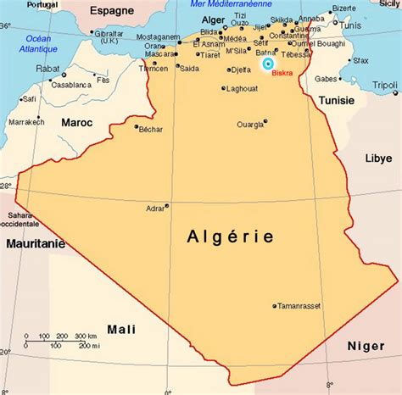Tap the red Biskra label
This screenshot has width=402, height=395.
tap(284, 73)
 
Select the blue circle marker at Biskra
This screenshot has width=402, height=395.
tap(268, 64)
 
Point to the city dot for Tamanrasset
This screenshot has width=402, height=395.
tap(274, 306)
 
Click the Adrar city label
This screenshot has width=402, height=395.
tap(154, 206)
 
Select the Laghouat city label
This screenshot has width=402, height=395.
tap(242, 88)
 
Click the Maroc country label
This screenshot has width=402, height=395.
tap(76, 122)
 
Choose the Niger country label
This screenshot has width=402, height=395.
tap(366, 345)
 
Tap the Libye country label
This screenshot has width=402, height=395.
tap(377, 158)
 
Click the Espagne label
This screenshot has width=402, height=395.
tap(113, 12)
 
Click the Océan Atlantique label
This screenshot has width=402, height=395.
tap(38, 43)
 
